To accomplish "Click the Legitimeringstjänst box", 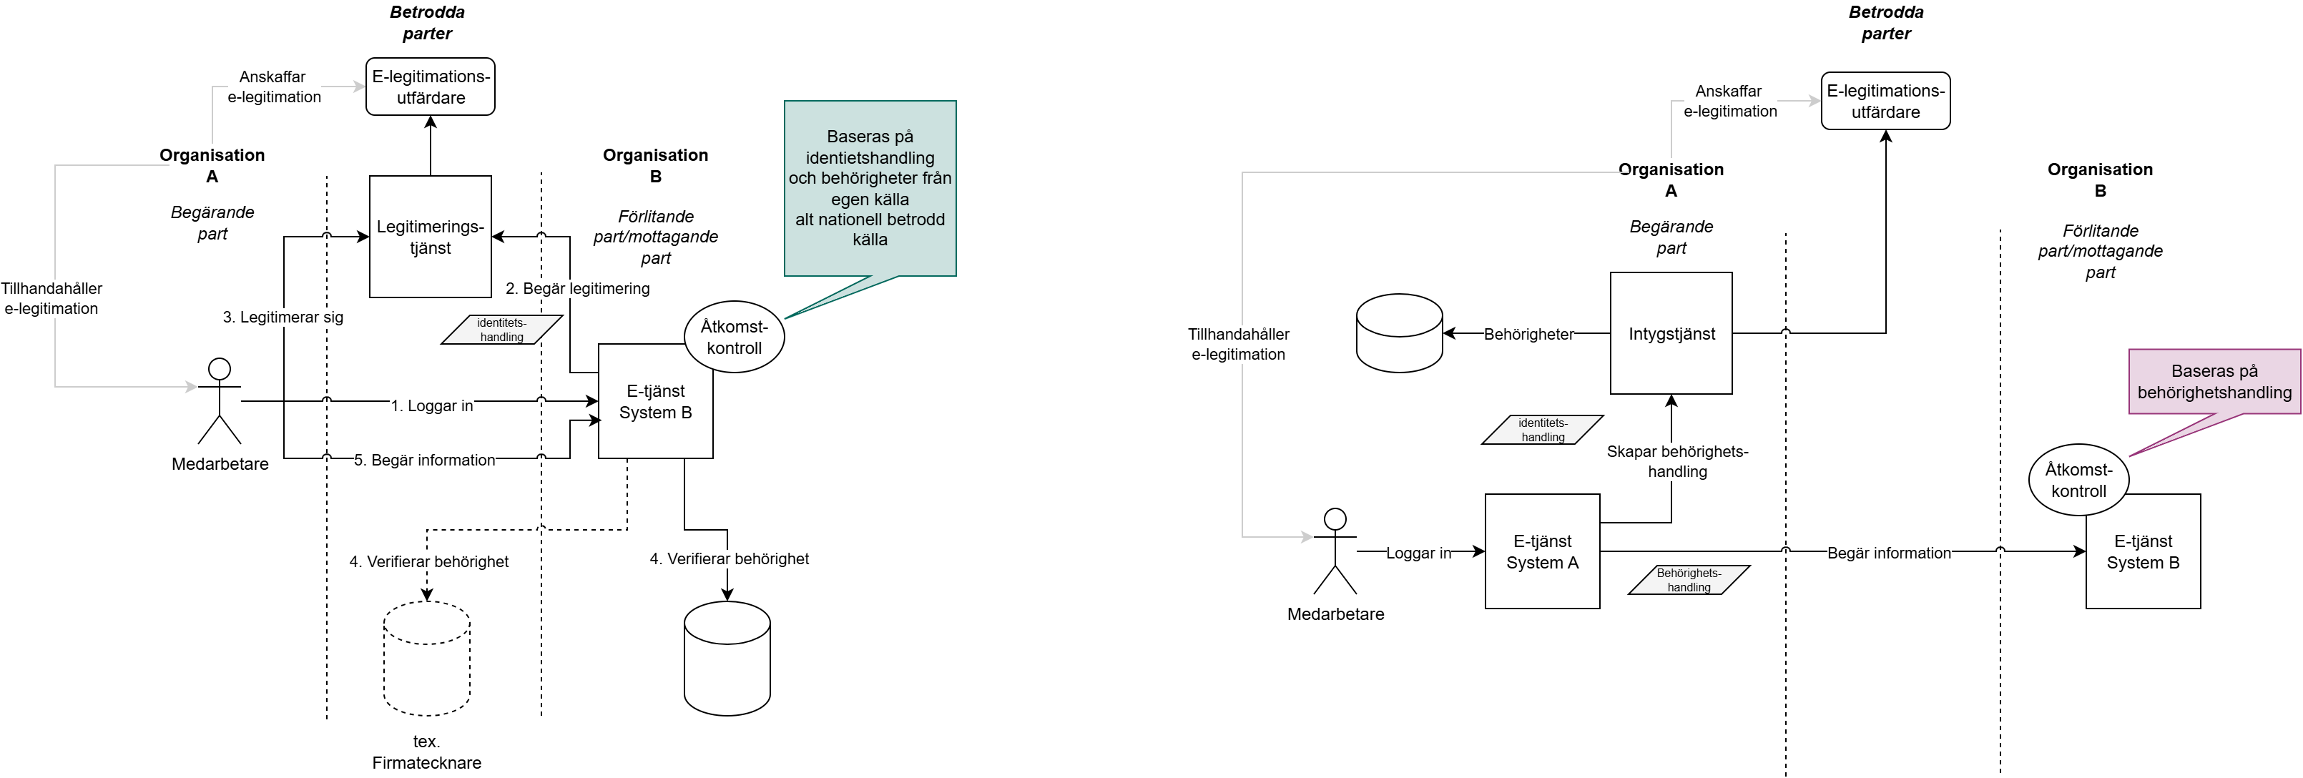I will pyautogui.click(x=430, y=236).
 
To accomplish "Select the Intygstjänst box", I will pyautogui.click(x=1670, y=333).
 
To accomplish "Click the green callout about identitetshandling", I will pyautogui.click(x=869, y=188).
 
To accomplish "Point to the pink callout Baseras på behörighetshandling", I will pyautogui.click(x=2214, y=382).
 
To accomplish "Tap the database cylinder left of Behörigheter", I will pyautogui.click(x=1398, y=333).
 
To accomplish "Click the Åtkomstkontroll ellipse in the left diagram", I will pyautogui.click(x=734, y=337).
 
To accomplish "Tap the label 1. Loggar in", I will pyautogui.click(x=432, y=405).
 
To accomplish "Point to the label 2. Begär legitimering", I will pyautogui.click(x=578, y=288).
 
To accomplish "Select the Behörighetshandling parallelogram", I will pyautogui.click(x=1688, y=579).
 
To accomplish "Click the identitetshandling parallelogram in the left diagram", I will pyautogui.click(x=501, y=329).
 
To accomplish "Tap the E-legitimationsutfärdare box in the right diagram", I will pyautogui.click(x=1885, y=101).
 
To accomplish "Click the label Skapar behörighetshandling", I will pyautogui.click(x=1677, y=461).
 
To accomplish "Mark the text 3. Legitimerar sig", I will pyautogui.click(x=283, y=317).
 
